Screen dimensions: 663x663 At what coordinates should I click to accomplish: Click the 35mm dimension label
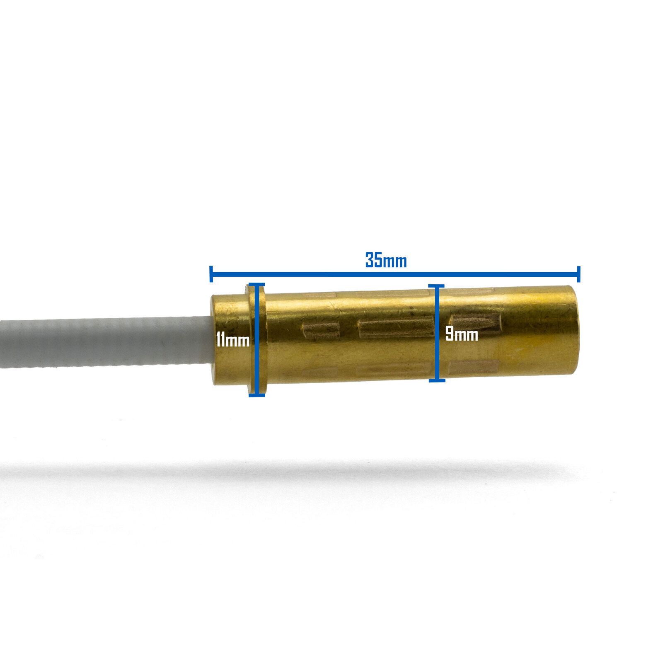(386, 260)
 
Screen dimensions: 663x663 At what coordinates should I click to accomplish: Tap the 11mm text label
(232, 340)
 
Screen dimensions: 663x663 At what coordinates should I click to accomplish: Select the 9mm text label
(462, 334)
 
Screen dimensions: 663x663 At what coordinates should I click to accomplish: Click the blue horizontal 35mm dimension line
(395, 274)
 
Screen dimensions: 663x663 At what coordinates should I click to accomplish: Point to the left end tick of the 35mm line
(211, 274)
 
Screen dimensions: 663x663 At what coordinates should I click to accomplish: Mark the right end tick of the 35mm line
(578, 274)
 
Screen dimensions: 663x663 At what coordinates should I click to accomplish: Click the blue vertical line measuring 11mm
(257, 340)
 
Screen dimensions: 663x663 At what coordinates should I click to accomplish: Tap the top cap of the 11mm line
(257, 284)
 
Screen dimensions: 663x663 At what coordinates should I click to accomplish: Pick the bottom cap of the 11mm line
(257, 395)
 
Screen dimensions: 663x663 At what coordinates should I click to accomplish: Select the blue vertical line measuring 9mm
(436, 333)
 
